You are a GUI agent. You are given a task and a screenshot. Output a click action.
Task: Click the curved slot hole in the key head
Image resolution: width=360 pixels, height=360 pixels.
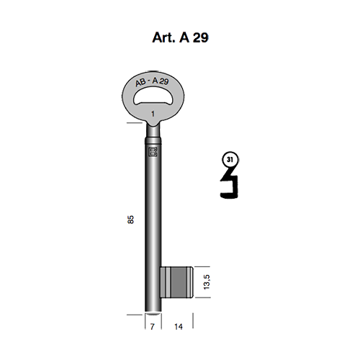[x=153, y=98]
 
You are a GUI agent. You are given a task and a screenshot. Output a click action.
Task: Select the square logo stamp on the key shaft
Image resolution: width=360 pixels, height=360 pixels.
[x=153, y=151]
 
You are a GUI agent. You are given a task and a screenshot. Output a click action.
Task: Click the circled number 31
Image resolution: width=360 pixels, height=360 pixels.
[x=229, y=159]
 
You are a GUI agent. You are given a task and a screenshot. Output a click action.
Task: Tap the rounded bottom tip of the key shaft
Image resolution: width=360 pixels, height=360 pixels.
[x=153, y=310]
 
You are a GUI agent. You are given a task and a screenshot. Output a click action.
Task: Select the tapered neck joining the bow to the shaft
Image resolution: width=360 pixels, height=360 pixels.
[x=153, y=130]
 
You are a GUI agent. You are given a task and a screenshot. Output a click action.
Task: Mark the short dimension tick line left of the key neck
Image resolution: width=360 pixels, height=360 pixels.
[x=134, y=123]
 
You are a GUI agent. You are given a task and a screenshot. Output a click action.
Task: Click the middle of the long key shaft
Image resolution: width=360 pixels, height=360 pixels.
[x=153, y=216]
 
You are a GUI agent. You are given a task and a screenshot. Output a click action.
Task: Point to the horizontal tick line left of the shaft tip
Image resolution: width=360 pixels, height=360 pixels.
[x=134, y=314]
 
